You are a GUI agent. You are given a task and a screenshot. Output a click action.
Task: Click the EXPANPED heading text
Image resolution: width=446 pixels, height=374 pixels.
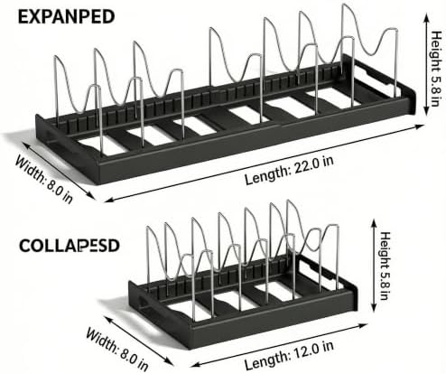[66, 17]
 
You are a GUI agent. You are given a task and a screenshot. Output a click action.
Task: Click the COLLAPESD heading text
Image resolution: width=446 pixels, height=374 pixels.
[70, 246]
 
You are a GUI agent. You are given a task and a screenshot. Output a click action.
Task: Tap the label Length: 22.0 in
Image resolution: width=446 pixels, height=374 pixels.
[289, 170]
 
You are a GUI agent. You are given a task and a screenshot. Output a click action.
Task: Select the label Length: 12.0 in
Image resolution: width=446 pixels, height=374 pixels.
[289, 356]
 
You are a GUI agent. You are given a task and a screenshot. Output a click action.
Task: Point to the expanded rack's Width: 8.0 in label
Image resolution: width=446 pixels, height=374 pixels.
[44, 179]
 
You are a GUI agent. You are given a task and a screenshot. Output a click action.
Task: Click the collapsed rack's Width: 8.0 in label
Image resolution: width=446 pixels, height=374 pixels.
[117, 350]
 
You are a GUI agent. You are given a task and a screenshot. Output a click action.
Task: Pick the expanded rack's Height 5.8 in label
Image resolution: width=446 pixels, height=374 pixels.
[436, 69]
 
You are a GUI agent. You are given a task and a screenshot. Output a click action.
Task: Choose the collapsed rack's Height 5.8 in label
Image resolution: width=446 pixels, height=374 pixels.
[385, 266]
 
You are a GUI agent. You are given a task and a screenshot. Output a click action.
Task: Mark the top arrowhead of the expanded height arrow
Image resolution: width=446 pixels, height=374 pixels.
[426, 16]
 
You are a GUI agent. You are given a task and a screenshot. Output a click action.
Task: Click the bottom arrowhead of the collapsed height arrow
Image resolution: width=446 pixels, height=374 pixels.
[374, 308]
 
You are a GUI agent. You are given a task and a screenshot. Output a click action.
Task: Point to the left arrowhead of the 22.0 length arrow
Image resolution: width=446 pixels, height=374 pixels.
[108, 200]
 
